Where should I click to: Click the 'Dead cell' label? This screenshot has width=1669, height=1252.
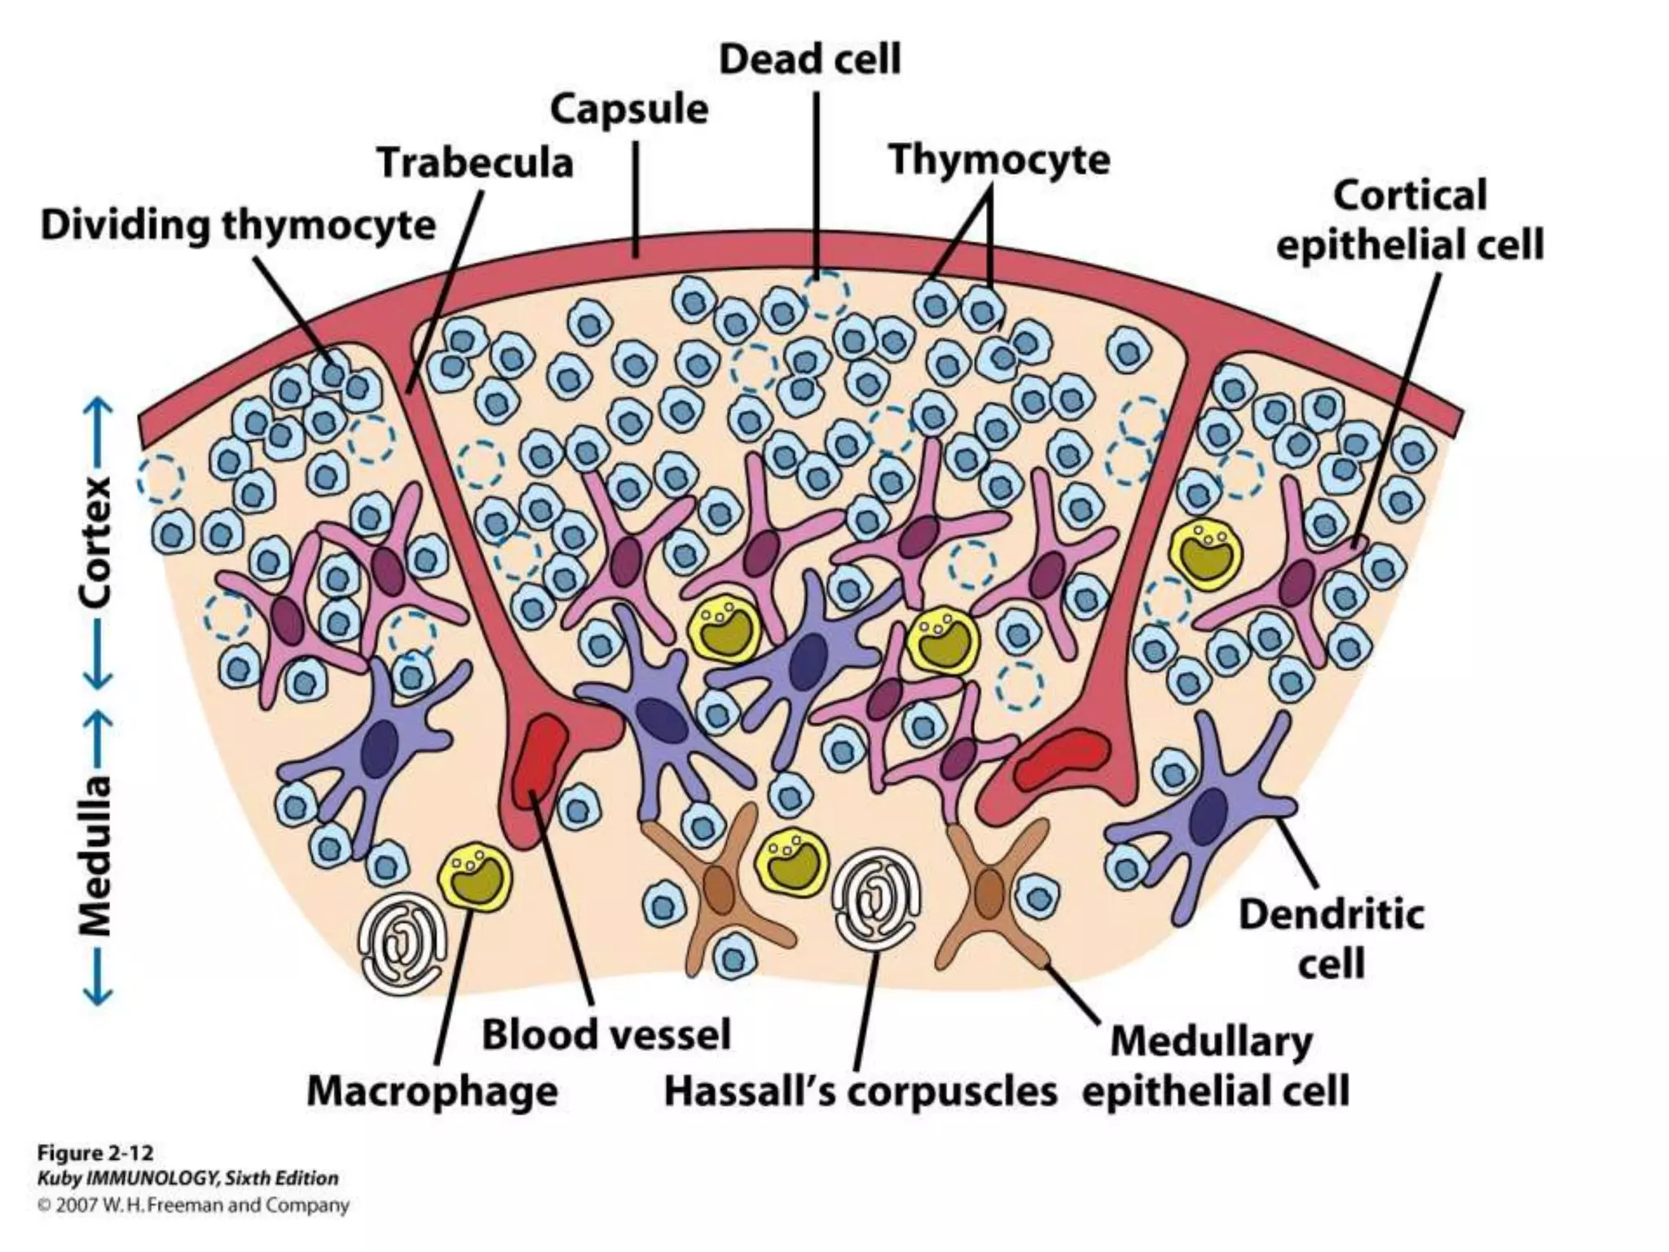pyautogui.click(x=809, y=60)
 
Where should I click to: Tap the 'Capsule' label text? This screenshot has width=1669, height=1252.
pyautogui.click(x=629, y=110)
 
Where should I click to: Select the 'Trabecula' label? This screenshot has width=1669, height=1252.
pyautogui.click(x=475, y=163)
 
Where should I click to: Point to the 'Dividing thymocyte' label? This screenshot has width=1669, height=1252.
pyautogui.click(x=238, y=225)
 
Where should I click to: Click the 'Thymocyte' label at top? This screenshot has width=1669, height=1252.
pyautogui.click(x=999, y=159)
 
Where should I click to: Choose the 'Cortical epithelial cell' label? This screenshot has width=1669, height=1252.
pyautogui.click(x=1410, y=220)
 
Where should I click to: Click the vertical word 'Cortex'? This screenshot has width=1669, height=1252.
pyautogui.click(x=96, y=542)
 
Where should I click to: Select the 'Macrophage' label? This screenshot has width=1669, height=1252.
pyautogui.click(x=432, y=1091)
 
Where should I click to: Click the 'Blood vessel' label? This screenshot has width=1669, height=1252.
pyautogui.click(x=606, y=1035)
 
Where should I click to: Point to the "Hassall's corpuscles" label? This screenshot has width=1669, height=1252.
pyautogui.click(x=861, y=1091)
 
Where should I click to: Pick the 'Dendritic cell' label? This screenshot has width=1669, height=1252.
pyautogui.click(x=1332, y=938)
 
